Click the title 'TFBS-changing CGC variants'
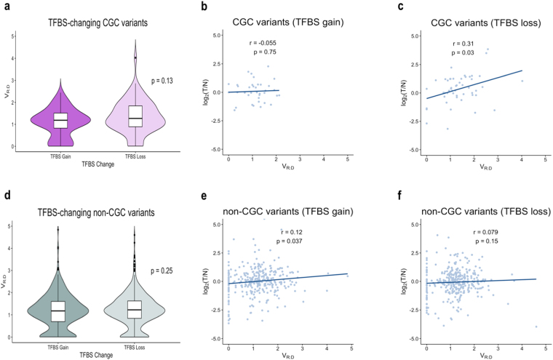click(x=94, y=22)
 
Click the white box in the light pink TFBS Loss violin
click(x=134, y=116)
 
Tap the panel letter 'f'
click(x=389, y=193)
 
